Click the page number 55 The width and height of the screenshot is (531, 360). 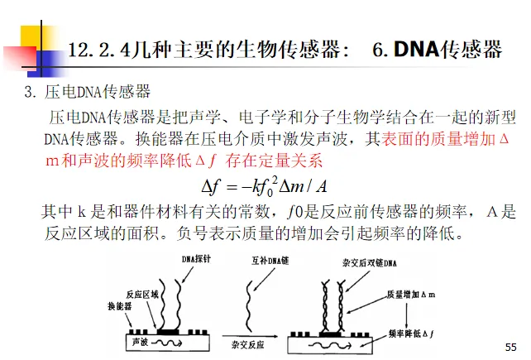509,345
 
